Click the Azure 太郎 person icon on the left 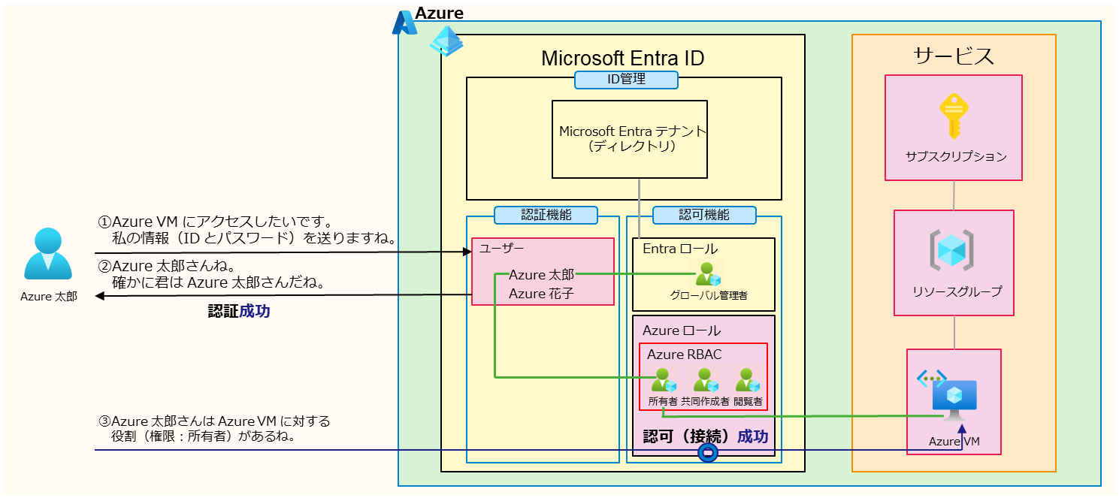[48, 255]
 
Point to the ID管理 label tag [626, 80]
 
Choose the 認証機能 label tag [546, 215]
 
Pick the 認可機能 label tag [704, 215]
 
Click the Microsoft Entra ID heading [623, 59]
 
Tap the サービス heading [954, 56]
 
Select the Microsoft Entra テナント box [630, 139]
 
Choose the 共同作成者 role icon [705, 380]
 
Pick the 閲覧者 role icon [748, 380]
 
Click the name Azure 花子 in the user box [541, 294]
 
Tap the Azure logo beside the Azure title [404, 23]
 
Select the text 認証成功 [238, 312]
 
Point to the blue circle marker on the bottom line [708, 452]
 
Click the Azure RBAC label [684, 355]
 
